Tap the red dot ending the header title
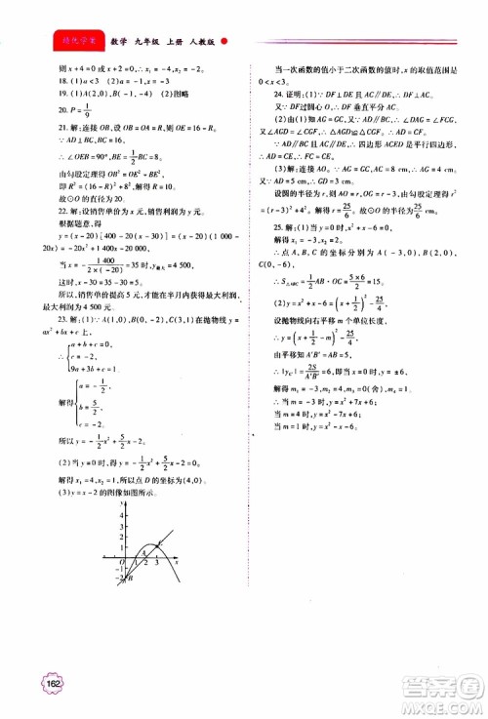(224, 42)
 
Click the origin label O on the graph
(122, 563)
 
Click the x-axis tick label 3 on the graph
(161, 563)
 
